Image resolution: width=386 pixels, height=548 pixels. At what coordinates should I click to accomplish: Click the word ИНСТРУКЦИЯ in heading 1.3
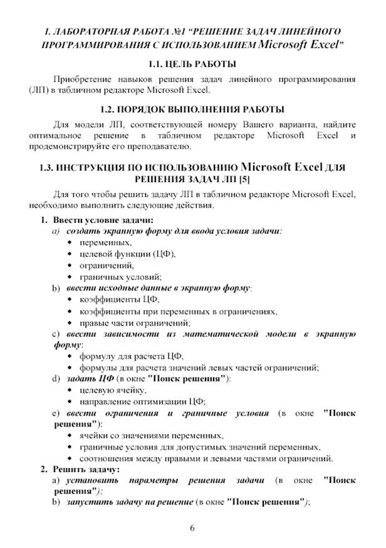93,168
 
